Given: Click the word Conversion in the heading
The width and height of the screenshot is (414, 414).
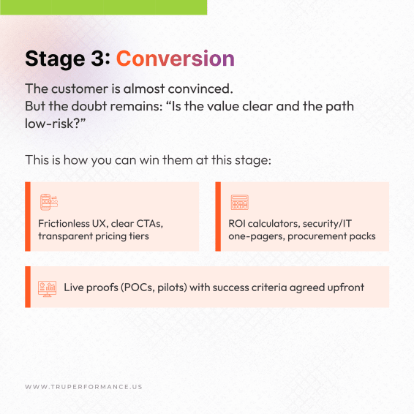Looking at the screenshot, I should pos(176,59).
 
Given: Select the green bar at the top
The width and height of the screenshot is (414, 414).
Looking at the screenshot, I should pos(103,7).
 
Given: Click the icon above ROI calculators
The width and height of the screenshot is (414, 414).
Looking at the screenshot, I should pos(239,203).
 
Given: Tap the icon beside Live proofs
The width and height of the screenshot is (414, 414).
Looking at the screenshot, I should pos(48,287).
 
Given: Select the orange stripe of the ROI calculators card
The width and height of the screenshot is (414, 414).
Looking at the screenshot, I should pos(218,217).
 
